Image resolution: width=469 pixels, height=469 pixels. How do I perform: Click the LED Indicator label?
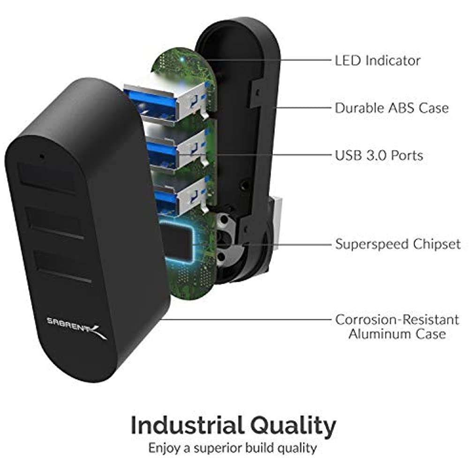click(x=377, y=61)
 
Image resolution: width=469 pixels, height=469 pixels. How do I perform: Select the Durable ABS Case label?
click(x=391, y=108)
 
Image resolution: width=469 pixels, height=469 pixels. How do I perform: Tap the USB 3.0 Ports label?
click(x=379, y=155)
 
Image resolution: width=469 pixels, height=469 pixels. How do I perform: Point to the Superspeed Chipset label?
click(x=398, y=244)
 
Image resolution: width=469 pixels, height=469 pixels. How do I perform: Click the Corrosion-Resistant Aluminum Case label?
click(x=397, y=327)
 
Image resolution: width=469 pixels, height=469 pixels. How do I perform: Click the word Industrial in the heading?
click(x=186, y=426)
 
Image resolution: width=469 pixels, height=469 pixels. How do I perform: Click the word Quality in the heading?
click(x=293, y=426)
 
